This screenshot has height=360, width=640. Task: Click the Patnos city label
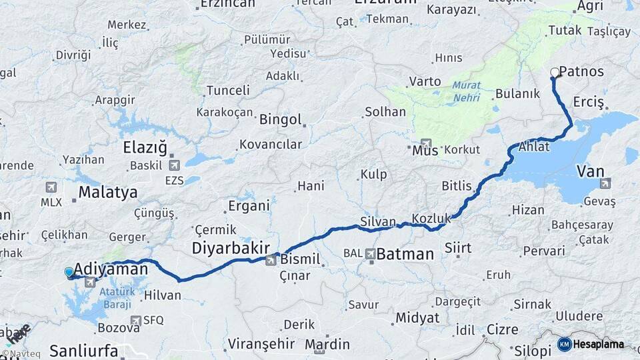pos(582,71)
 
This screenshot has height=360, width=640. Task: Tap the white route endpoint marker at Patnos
pos(555,73)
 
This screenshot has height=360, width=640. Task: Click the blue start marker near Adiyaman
pos(69,272)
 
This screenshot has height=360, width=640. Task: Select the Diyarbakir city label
pos(230,248)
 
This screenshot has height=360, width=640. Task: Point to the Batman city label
pos(405,254)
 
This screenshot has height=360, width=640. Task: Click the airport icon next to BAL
pos(371,253)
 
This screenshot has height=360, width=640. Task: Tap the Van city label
pos(590,171)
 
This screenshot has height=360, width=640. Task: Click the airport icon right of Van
pos(605,183)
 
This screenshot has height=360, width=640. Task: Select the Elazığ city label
pos(145,147)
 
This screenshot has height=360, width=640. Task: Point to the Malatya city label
pos(108,193)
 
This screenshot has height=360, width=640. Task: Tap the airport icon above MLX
pos(51,187)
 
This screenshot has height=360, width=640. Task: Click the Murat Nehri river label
pos(467,90)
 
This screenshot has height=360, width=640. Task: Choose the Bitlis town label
pos(457,186)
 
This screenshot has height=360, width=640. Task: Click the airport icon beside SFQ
pos(136,321)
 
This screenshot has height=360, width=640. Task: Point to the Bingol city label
pos(280,120)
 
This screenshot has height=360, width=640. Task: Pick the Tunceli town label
pos(228,90)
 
